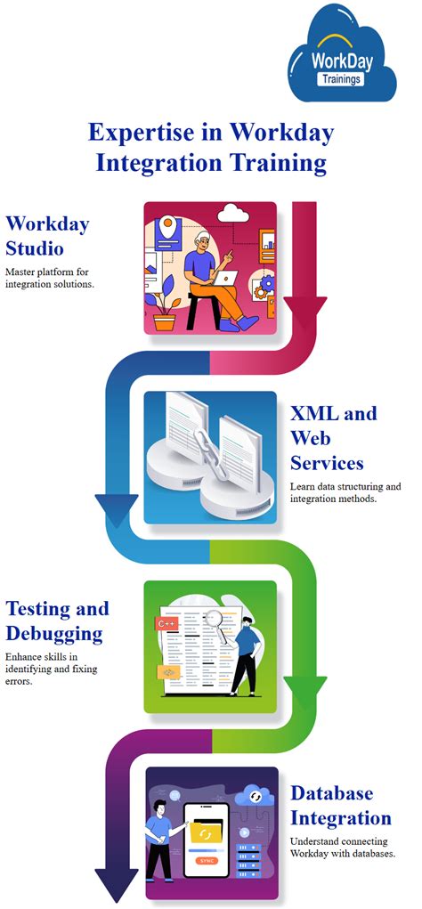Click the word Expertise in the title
151,134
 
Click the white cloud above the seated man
234,214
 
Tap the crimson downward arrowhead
304,310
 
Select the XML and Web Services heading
334,438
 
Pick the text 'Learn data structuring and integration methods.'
345,494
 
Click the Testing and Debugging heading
57,621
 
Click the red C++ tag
166,625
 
